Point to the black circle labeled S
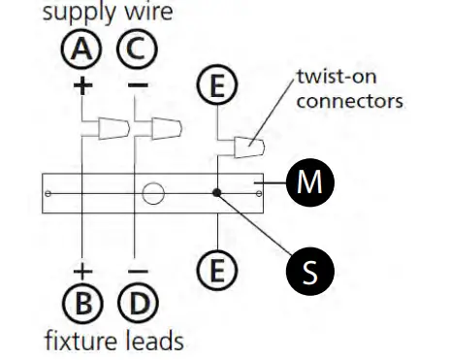click(x=309, y=272)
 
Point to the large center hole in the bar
click(x=152, y=193)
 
